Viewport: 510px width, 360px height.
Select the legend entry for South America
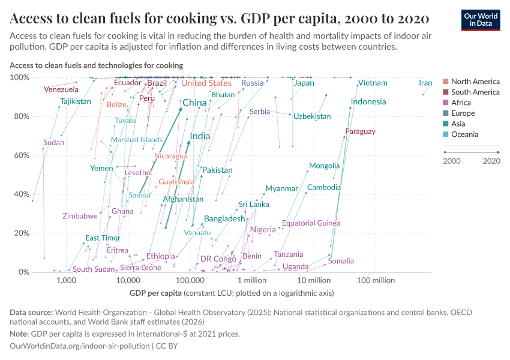[x=475, y=92]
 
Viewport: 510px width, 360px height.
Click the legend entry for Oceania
[x=466, y=134]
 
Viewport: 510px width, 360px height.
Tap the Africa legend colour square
[x=445, y=103]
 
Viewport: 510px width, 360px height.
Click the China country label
[x=194, y=103]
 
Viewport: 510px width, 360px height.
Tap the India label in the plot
[x=200, y=137]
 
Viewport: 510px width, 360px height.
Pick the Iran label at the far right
[x=425, y=83]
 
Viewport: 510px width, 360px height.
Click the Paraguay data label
[x=360, y=131]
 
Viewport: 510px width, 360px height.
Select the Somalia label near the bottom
[x=341, y=261]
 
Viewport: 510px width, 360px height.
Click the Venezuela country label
[x=61, y=89]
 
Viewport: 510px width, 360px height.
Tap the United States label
[x=206, y=83]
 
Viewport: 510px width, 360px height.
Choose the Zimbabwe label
[x=80, y=216]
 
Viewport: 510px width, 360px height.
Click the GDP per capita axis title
[x=155, y=293]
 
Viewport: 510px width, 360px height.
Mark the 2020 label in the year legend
[x=491, y=161]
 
